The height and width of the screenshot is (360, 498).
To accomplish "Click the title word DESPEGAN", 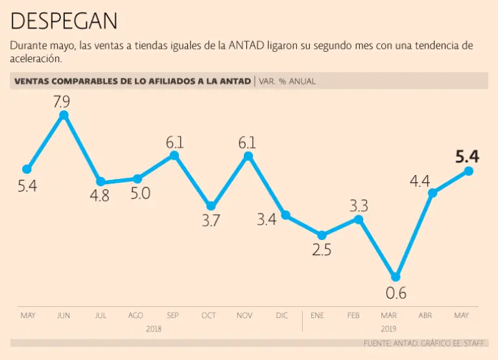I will pyautogui.click(x=64, y=21).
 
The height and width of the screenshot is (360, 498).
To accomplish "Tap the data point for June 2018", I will pyautogui.click(x=64, y=115).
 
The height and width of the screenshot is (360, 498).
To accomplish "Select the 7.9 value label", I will pyautogui.click(x=64, y=101).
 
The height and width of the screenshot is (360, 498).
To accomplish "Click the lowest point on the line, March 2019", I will pyautogui.click(x=396, y=277).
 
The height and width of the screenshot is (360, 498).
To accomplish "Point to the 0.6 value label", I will pyautogui.click(x=396, y=293).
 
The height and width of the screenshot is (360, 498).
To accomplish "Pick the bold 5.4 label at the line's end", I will pyautogui.click(x=467, y=156).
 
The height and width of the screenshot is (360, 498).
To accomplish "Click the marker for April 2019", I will pyautogui.click(x=433, y=193).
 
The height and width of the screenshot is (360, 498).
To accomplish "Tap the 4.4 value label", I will pyautogui.click(x=420, y=181).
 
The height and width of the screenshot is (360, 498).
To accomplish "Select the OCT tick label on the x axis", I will pyautogui.click(x=209, y=315).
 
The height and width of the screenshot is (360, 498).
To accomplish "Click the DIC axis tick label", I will pyautogui.click(x=281, y=315).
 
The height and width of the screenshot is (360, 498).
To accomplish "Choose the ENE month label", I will pyautogui.click(x=318, y=315).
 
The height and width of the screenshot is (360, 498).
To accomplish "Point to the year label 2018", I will pyautogui.click(x=154, y=329).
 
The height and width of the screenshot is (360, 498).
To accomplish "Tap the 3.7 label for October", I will pyautogui.click(x=210, y=221).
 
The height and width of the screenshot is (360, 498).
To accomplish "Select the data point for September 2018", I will pyautogui.click(x=174, y=156).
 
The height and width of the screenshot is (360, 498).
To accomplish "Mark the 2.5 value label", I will pyautogui.click(x=322, y=250).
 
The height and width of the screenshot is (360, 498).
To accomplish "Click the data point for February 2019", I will pyautogui.click(x=359, y=219).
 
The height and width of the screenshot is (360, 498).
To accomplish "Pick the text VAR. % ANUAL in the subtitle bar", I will pyautogui.click(x=287, y=81).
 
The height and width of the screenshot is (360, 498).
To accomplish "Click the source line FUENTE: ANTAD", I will pyautogui.click(x=388, y=342).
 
